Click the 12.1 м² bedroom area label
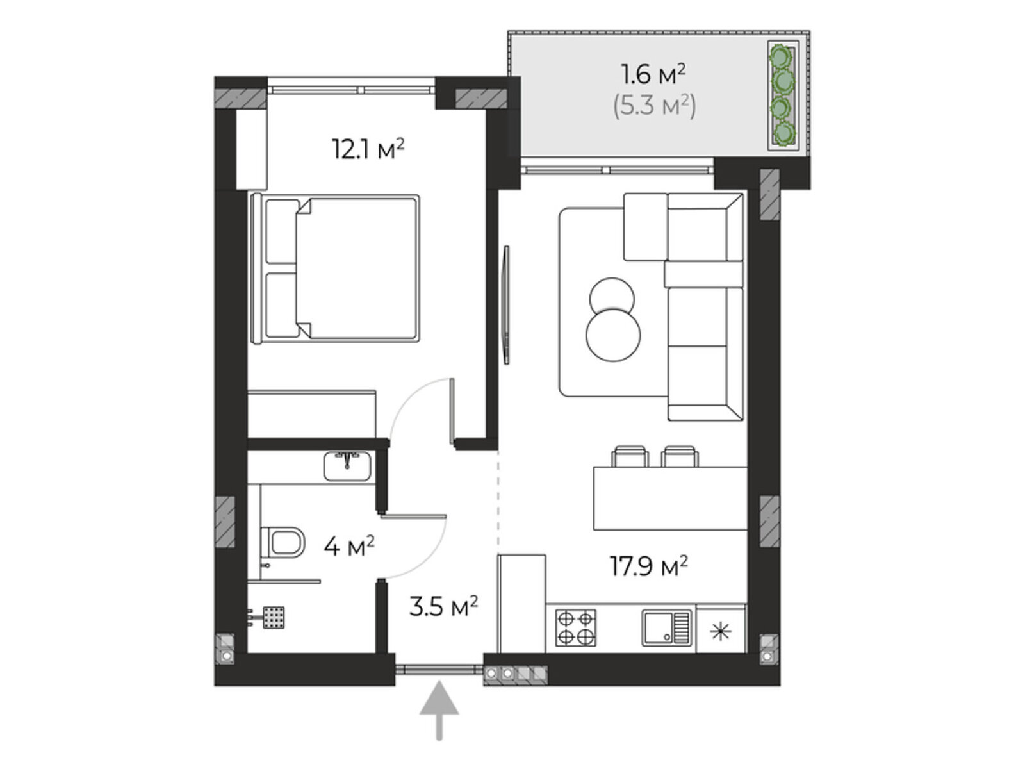[368, 149]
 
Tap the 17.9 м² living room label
[648, 566]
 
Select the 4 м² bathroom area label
[349, 546]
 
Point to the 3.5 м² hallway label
[443, 606]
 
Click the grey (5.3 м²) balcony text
[654, 106]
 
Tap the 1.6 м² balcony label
[653, 74]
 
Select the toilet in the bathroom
[283, 542]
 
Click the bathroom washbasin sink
[347, 465]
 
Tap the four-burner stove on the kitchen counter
[575, 627]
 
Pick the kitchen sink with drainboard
[666, 627]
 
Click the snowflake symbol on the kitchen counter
[721, 632]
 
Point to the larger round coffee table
[612, 335]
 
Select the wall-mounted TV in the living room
[505, 304]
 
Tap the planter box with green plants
[783, 95]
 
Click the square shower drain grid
[274, 616]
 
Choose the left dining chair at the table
[630, 456]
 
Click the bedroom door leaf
[452, 411]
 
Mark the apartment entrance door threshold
[439, 669]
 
